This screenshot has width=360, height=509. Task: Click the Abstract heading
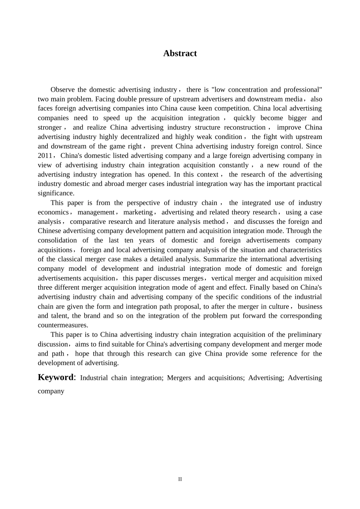point(180,53)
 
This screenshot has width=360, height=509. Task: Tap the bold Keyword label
point(55,377)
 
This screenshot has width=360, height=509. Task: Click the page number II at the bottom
point(180,479)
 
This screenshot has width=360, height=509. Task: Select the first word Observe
point(63,90)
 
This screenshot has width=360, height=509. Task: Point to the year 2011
point(45,156)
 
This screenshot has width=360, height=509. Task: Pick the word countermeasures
point(63,325)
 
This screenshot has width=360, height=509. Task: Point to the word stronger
point(50,127)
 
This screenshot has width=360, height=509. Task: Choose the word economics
point(53,212)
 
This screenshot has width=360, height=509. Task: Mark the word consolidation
point(57,240)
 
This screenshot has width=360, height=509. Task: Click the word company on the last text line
point(51,391)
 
